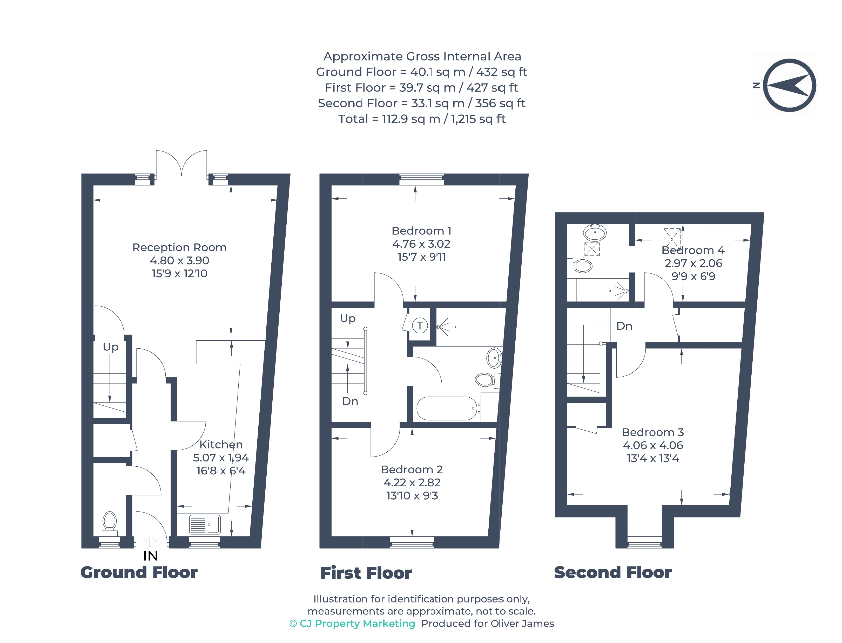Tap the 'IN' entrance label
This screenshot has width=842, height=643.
coord(151,556)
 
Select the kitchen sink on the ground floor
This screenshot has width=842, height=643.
coord(205,524)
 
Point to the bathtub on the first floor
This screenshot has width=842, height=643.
coord(447,408)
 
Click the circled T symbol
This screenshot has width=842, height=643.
coord(420,326)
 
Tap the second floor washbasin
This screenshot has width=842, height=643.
coord(595,233)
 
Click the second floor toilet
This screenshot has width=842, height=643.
coord(580,266)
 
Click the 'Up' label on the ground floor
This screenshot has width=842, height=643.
coord(111,347)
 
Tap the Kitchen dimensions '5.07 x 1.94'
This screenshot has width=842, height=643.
coord(221,457)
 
